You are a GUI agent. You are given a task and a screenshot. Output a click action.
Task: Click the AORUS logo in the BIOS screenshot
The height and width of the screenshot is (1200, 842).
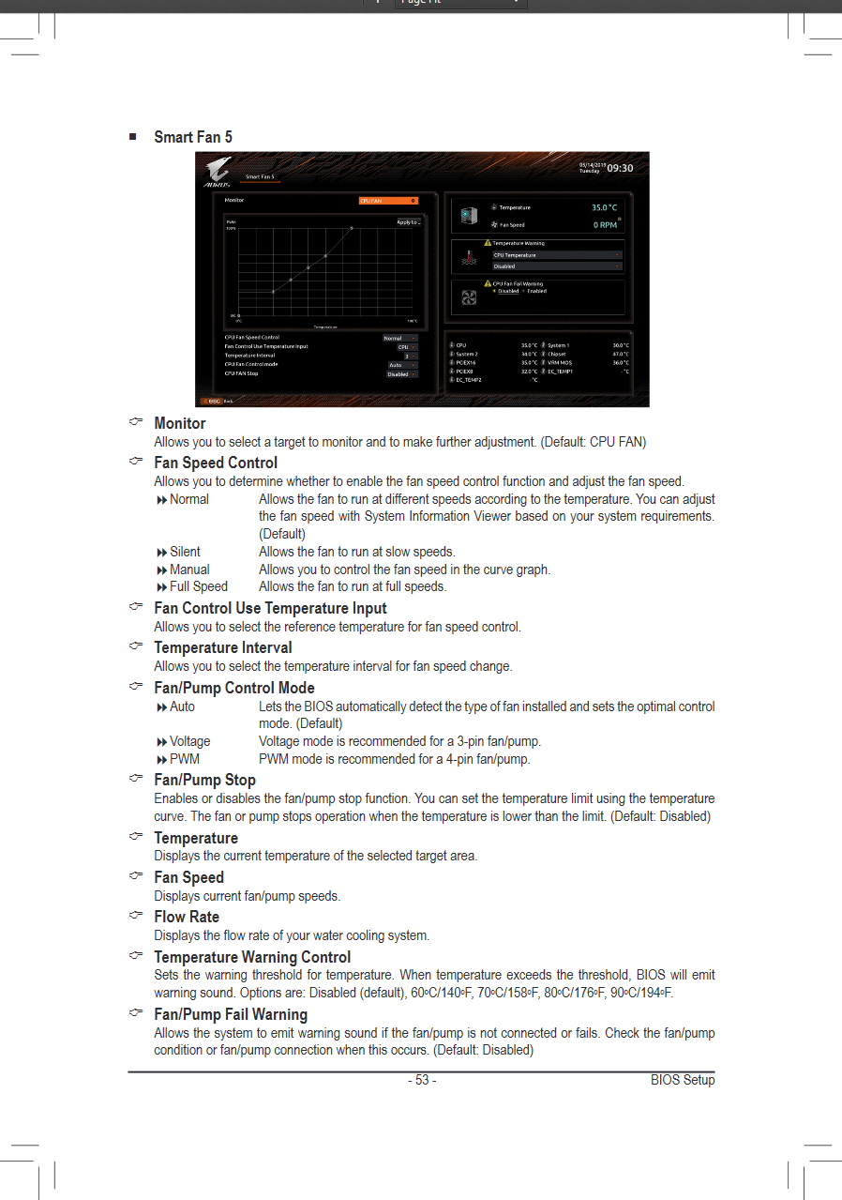218,171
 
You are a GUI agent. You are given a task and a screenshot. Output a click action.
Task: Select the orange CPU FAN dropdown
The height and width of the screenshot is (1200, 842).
388,201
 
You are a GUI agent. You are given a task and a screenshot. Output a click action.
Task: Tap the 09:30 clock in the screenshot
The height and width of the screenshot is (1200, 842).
619,169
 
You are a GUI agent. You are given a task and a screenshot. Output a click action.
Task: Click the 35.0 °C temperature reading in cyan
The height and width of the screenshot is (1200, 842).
604,207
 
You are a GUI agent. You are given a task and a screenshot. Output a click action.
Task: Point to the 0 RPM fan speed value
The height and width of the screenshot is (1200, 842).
605,225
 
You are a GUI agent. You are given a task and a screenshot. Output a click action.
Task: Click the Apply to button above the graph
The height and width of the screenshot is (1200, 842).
409,222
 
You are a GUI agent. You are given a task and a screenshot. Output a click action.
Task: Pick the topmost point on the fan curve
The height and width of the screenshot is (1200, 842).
352,227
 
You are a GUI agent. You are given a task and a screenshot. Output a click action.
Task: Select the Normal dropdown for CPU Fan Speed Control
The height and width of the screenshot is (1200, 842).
399,338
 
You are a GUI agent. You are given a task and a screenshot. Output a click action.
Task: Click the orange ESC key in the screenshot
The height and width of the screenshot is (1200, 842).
213,401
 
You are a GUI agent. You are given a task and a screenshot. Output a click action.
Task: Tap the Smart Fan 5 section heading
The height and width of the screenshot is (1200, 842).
193,137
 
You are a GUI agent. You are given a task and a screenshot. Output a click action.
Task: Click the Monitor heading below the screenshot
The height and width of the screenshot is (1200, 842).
180,423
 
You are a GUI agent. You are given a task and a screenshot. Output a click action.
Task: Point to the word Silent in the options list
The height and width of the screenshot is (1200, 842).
185,552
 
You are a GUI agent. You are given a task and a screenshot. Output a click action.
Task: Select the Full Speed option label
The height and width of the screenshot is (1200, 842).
198,587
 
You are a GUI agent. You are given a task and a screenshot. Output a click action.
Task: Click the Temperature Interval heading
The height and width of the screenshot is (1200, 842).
222,647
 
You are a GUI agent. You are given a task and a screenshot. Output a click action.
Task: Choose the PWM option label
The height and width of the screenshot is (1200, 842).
184,759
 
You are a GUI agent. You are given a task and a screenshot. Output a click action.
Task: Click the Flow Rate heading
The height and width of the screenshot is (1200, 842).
187,917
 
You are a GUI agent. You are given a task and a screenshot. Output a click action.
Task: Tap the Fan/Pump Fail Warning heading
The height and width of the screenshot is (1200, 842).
231,1014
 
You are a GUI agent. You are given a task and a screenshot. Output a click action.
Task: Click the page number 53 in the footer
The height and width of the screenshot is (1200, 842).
422,1080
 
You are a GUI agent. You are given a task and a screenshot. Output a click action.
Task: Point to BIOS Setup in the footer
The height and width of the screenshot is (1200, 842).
683,1080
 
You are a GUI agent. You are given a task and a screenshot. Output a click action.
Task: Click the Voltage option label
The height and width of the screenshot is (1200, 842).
189,741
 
